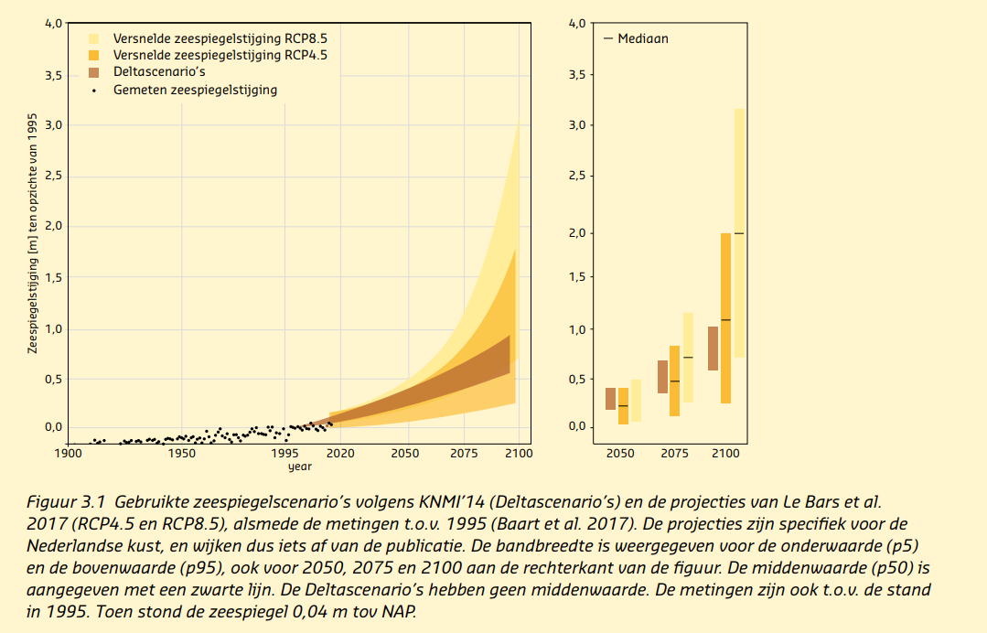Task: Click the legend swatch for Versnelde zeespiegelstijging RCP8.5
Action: (94, 38)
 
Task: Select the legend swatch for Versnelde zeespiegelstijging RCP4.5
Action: (94, 55)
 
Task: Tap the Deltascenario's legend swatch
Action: (94, 72)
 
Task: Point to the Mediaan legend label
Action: (644, 38)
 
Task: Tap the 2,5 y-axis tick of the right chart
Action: (575, 176)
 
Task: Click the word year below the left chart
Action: (299, 467)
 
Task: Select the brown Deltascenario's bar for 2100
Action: (713, 348)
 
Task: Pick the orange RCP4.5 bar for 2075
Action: (674, 381)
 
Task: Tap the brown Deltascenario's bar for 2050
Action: (610, 399)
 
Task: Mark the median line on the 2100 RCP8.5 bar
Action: (739, 233)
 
